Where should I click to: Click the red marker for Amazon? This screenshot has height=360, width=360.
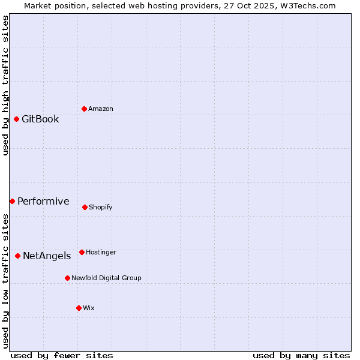84,109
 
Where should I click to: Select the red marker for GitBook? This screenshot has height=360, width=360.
16,119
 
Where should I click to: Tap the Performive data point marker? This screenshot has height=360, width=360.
12,201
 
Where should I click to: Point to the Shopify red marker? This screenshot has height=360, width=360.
85,207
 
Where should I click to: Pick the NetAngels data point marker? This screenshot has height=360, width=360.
17,256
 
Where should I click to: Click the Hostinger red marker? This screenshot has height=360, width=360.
82,252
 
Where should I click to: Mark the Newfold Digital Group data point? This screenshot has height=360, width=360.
67,278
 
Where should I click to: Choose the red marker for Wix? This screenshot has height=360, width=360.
79,308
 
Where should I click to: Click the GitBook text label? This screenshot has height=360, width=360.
40,119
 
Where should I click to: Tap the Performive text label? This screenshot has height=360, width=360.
43,201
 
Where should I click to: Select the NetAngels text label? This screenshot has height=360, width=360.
47,256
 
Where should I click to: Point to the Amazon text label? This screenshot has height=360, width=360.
101,109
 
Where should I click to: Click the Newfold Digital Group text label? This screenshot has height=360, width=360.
106,278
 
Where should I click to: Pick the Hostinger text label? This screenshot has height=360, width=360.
101,252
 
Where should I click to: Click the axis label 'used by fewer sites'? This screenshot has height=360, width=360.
62,355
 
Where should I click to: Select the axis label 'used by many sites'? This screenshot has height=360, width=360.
301,355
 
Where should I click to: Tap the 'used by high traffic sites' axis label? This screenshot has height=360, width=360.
5,85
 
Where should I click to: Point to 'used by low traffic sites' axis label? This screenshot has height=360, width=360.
5,281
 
